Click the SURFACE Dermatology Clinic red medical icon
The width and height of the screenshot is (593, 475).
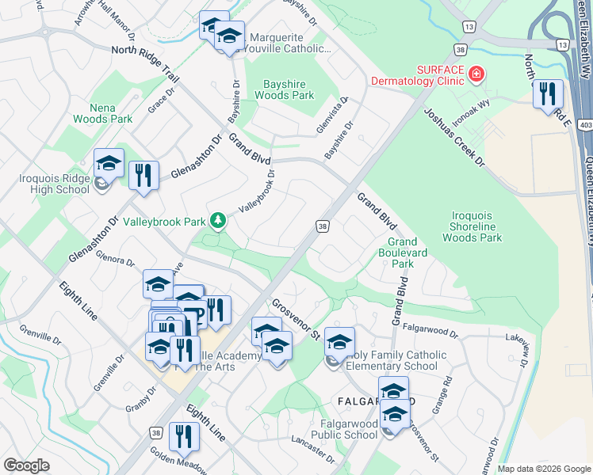click(476, 75)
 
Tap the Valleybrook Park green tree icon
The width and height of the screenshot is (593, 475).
click(217, 220)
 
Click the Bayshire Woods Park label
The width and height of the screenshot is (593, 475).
click(284, 89)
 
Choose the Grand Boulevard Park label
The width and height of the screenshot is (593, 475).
click(401, 252)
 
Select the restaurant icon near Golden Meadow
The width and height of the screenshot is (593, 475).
click(184, 436)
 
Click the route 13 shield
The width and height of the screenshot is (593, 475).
click(470, 27)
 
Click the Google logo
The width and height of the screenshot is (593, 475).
click(25, 465)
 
